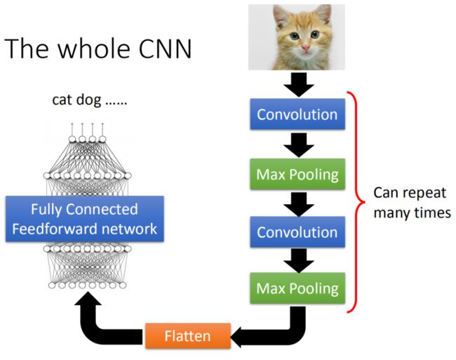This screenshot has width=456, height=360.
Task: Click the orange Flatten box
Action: point(188,335)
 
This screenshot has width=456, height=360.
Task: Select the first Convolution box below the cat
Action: point(297,114)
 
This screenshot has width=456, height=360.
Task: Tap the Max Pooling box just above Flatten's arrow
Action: point(297,288)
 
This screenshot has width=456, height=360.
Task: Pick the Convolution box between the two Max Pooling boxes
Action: point(297,232)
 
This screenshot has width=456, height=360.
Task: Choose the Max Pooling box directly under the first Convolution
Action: point(297,174)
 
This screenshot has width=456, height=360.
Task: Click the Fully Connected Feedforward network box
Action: point(85,219)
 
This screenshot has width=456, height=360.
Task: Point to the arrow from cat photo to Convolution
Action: point(299,85)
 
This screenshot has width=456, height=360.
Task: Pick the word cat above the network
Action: point(61,100)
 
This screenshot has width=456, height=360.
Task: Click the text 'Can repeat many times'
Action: point(412,203)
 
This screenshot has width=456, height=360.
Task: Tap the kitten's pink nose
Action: point(306,48)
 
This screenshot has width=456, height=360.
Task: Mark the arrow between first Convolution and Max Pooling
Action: point(299,145)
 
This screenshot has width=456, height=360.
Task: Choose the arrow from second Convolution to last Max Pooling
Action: point(299,260)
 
